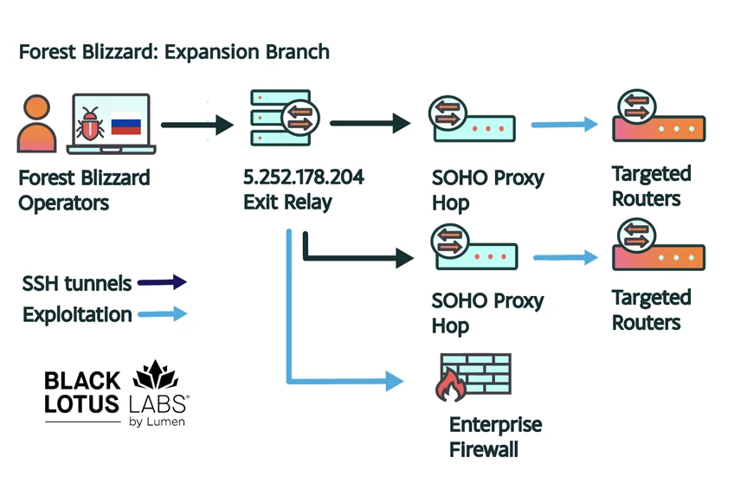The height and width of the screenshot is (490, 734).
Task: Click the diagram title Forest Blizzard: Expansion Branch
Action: pos(174,52)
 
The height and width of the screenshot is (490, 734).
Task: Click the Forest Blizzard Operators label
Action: pos(84,190)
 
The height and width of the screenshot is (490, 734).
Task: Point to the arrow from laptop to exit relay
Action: pos(197,126)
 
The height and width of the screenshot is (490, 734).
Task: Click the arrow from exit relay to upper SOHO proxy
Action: pos(370,123)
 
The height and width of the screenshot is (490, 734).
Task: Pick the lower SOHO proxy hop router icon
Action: pos(471,251)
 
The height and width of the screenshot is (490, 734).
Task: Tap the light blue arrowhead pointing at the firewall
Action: pos(395,380)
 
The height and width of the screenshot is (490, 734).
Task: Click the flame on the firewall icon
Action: pos(449,387)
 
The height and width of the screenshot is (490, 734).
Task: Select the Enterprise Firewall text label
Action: pos(495,437)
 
